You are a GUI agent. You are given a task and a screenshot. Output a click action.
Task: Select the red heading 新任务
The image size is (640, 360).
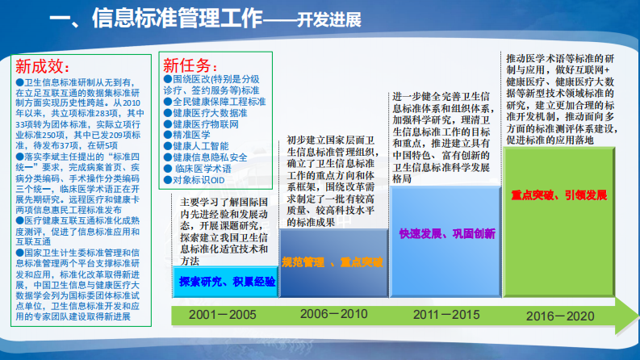[189, 65]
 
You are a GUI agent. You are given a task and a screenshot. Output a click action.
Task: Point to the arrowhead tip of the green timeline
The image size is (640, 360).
[629, 316]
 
